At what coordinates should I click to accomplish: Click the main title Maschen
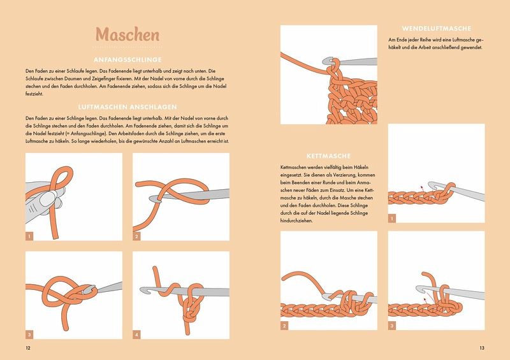click(x=127, y=34)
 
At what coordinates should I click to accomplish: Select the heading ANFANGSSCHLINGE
click(x=127, y=60)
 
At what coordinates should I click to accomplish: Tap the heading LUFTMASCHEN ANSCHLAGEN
click(x=127, y=107)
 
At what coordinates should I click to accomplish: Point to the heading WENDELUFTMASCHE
click(x=437, y=29)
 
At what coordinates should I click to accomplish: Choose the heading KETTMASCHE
click(x=328, y=156)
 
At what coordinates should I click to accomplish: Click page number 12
click(x=28, y=348)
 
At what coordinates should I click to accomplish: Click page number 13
click(x=482, y=348)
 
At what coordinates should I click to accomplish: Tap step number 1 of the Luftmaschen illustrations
click(x=29, y=236)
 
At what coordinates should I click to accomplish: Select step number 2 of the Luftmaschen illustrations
click(x=136, y=236)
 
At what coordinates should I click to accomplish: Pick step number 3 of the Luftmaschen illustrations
click(x=29, y=335)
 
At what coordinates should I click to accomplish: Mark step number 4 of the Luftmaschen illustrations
click(x=136, y=335)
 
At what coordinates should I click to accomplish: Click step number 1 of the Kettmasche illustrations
click(x=392, y=218)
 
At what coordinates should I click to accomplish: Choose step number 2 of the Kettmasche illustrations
click(x=284, y=326)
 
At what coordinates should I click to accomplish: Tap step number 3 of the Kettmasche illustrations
click(x=392, y=326)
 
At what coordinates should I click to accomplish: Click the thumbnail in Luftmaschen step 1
click(x=48, y=198)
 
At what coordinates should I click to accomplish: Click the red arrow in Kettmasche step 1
click(x=423, y=189)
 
